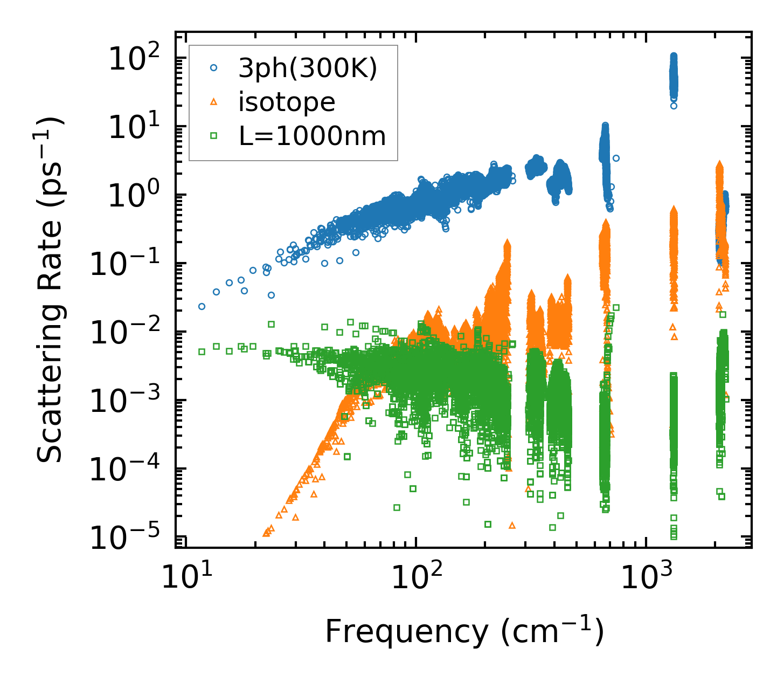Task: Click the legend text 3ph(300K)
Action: click(x=308, y=68)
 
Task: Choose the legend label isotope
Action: click(x=287, y=102)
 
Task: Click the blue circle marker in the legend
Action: click(x=214, y=68)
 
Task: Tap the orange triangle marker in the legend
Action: click(x=214, y=101)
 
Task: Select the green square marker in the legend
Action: click(x=214, y=135)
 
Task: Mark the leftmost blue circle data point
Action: click(x=202, y=306)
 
